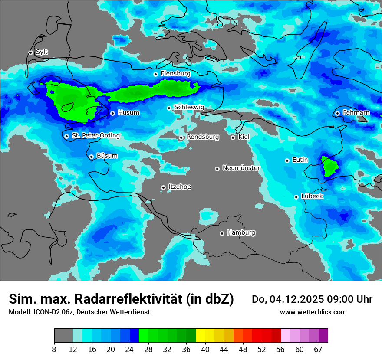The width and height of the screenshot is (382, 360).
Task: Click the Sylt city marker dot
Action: tap(31, 52)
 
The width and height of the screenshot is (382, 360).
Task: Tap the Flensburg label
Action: tap(175, 74)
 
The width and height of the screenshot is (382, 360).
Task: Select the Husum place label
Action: tap(128, 113)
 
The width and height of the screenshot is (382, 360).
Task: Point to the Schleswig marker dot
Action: tap(169, 108)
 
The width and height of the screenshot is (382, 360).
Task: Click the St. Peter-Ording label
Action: tap(95, 136)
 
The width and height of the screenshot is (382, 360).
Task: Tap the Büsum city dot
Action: tap(91, 157)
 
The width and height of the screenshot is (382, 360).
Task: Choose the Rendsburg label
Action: tap(203, 137)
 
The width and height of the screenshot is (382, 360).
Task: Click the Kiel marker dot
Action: tap(233, 137)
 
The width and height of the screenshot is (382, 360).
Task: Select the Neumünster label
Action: tap(241, 168)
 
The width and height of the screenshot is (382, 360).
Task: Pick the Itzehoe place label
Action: tap(180, 187)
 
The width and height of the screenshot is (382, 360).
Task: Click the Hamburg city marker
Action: tap(222, 233)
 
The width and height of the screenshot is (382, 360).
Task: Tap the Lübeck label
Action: tap(312, 196)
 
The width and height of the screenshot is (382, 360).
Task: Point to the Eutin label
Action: tap(300, 160)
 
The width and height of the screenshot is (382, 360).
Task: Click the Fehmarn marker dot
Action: tap(338, 113)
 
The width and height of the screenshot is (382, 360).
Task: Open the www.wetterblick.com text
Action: tap(313, 312)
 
